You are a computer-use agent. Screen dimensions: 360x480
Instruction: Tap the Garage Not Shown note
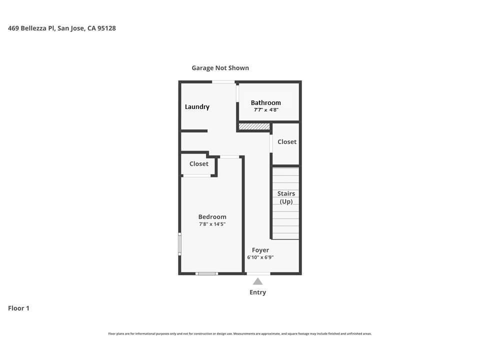pos(220,68)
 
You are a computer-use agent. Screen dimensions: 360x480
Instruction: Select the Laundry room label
pos(197,106)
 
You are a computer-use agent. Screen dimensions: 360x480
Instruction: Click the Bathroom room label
pos(265,102)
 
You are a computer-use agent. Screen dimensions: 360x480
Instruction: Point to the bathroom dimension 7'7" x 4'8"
pos(265,110)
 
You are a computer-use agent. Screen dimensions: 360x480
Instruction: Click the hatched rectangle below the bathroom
pos(254,126)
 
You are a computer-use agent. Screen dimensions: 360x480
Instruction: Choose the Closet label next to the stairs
pos(287,142)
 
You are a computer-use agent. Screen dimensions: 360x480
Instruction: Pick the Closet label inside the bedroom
pos(198,164)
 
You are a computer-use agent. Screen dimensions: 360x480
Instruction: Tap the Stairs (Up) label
pos(286,197)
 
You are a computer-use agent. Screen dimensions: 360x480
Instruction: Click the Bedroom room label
pos(212,217)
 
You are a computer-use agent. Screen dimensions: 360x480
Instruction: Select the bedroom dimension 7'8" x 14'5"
pos(212,224)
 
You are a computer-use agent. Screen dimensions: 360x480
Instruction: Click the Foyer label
pos(260,250)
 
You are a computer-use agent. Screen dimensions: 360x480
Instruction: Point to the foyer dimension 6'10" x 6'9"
pos(260,257)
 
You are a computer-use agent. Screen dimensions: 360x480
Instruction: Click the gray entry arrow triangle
pos(257,281)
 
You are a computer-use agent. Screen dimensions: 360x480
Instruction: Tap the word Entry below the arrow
pos(257,292)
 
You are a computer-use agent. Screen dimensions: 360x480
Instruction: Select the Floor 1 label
pos(18,308)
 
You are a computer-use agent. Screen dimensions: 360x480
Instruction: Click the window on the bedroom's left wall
pos(180,243)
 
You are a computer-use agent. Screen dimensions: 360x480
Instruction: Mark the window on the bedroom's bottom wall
pos(206,273)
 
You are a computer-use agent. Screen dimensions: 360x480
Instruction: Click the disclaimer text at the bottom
pos(240,334)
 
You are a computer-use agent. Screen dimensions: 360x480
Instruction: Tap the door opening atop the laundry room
pos(223,81)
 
